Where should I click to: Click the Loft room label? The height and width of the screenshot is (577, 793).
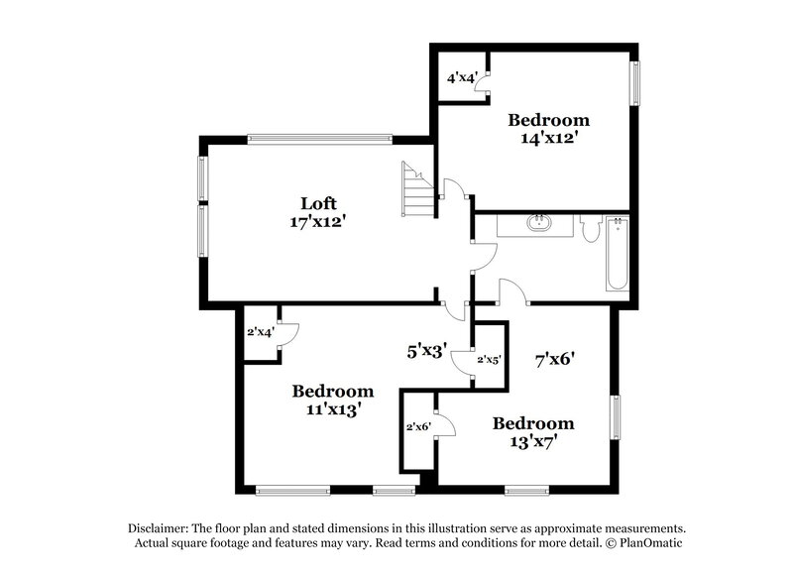pos(311,204)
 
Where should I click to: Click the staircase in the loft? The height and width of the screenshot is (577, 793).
pos(417,190)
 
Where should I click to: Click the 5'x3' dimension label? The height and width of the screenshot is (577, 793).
pos(427,349)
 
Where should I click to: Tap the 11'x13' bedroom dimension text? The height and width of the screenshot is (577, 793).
pos(332,407)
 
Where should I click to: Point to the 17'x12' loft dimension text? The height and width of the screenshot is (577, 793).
pos(311,222)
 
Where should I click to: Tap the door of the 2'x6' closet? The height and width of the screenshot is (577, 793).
pos(445,425)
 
